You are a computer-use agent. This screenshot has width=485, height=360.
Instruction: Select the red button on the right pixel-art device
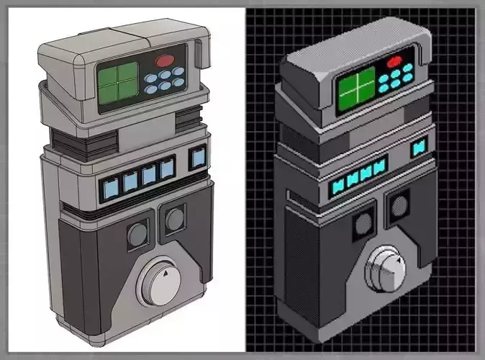pyautogui.click(x=394, y=62)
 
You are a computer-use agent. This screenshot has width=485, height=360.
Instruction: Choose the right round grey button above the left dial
pyautogui.click(x=173, y=220)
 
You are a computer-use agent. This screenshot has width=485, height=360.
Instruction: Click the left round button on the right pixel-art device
pyautogui.click(x=363, y=225)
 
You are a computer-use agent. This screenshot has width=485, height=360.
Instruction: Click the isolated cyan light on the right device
pyautogui.click(x=417, y=149)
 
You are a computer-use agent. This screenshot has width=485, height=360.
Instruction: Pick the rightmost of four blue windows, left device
pyautogui.click(x=167, y=169)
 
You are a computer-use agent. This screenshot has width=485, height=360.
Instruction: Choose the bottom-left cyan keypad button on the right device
pyautogui.click(x=384, y=88)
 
